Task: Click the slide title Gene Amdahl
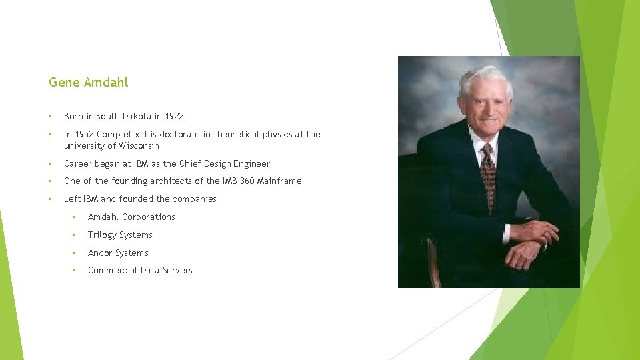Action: (88, 83)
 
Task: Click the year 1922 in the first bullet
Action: (174, 116)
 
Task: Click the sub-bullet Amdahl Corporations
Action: (131, 217)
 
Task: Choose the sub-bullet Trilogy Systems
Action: (120, 235)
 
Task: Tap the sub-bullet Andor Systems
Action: (118, 253)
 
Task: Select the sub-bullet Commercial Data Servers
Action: (140, 270)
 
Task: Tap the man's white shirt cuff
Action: (508, 233)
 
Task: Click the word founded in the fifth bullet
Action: (135, 199)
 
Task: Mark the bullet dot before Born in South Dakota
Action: (51, 116)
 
